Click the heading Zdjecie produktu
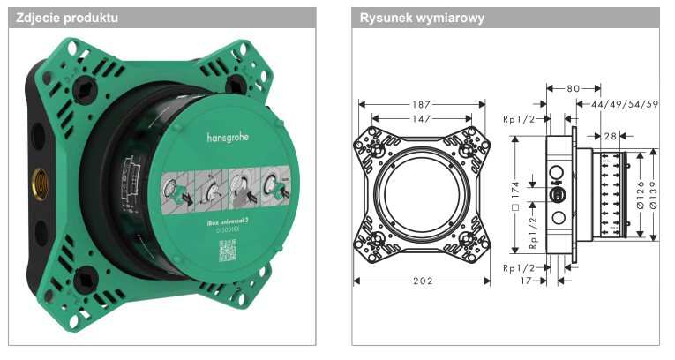pos(67,18)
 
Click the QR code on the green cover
pos(228,250)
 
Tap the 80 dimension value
pos(574,88)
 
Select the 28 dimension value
pos(611,136)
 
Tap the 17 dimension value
pos(527,281)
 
